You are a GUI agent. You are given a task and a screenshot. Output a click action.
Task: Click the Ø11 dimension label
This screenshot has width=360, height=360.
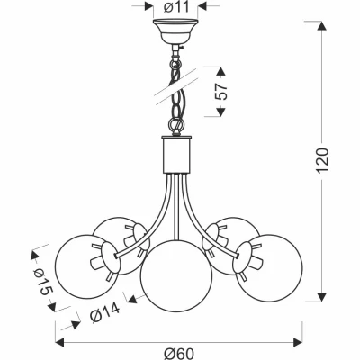177,7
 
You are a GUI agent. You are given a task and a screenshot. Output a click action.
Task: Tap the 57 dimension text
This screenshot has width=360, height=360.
221,92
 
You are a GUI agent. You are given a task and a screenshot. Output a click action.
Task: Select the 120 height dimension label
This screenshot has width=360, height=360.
323,160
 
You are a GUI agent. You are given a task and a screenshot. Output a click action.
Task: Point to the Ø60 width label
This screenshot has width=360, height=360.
179,354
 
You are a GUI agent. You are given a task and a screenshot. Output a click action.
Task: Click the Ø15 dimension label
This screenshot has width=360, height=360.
43,281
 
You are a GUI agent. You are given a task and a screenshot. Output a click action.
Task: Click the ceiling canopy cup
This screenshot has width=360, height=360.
175,31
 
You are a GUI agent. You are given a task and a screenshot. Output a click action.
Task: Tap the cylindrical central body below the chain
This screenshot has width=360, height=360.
176,155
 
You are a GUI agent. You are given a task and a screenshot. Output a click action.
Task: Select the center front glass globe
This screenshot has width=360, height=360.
176,276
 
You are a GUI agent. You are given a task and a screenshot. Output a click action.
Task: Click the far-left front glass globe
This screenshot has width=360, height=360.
87,266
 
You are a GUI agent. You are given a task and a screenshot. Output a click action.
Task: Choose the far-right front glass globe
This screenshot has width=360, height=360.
269,268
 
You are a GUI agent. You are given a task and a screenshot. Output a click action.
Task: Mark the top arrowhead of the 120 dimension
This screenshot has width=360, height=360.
322,25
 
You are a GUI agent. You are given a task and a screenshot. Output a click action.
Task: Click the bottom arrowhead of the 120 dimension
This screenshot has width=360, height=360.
322,297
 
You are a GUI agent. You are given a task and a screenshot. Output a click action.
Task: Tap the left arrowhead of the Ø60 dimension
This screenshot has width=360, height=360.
60,342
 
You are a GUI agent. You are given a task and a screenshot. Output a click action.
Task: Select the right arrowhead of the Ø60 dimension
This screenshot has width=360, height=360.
298,342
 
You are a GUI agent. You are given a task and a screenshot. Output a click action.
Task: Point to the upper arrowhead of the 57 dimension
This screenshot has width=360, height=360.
220,71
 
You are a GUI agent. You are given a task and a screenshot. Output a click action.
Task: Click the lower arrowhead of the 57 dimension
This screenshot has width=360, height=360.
220,112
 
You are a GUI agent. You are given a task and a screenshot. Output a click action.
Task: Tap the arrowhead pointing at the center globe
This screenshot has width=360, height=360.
132,299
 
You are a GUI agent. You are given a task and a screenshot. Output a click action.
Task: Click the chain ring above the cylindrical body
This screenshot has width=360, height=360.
176,123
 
